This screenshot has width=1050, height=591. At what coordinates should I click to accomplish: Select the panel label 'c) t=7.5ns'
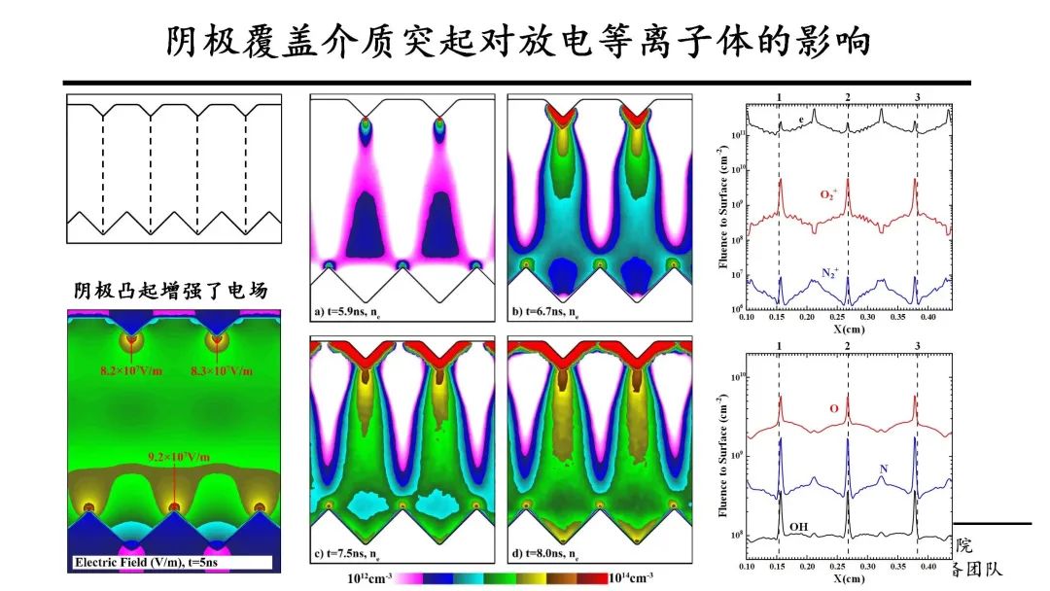pos(356,554)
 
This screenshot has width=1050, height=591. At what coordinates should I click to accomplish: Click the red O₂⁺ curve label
pos(830,194)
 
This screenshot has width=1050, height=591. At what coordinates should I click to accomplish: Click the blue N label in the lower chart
pos(883,469)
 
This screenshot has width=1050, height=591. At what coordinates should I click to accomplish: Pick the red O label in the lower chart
pos(833,408)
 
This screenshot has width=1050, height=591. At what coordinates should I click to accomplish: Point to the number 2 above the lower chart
pos(848,346)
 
